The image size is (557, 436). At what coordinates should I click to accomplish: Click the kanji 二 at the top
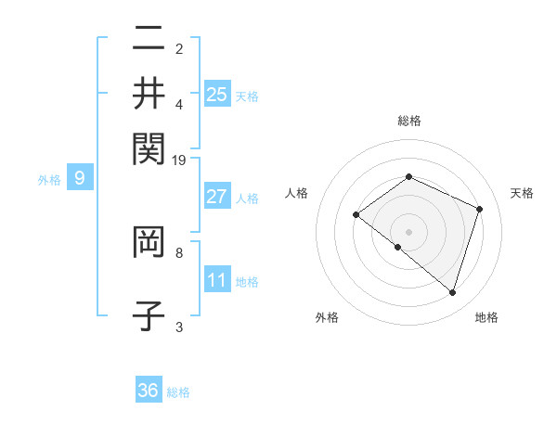pos(149,39)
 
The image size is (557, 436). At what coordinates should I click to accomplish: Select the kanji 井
pos(149,93)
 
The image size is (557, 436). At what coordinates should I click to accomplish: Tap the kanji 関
pos(149,146)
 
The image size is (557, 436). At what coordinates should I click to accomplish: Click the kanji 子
pos(149,314)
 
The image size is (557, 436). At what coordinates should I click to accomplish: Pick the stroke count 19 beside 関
pos(179,160)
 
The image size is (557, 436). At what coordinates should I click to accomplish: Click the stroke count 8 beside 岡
pos(179,251)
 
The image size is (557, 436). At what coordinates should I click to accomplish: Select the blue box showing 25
pos(217,94)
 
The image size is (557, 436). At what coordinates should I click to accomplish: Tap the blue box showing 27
pos(217,197)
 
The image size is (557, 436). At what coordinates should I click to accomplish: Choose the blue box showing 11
pos(217,280)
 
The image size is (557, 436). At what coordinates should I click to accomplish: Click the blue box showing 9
pos(80,178)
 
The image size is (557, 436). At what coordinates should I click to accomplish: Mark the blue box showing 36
pos(149,391)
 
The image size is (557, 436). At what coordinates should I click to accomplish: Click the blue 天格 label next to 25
pos(247,96)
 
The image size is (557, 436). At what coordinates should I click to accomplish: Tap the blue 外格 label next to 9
pos(49,180)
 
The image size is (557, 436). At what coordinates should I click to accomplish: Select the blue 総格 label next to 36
pos(178,392)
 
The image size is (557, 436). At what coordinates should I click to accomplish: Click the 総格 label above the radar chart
pos(409,121)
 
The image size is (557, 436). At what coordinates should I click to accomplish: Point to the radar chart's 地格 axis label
pos(486,317)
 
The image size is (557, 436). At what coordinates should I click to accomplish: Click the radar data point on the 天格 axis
pos(480,209)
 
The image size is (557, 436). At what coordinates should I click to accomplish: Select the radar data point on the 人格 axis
pos(356,215)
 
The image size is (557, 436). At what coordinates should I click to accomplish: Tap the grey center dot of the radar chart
pos(409,231)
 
